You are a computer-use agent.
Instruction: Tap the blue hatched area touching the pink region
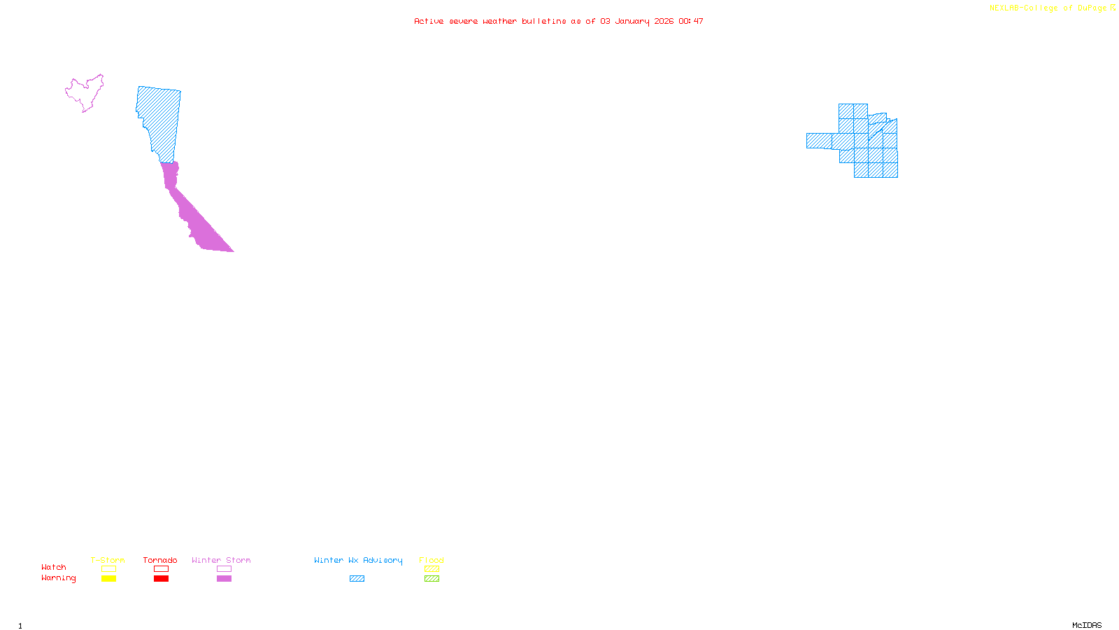pos(159,119)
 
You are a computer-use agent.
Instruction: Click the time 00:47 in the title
pos(690,21)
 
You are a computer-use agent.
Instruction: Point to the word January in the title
pos(632,21)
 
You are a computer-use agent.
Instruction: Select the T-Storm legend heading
pos(108,560)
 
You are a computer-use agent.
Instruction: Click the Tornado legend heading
pos(160,560)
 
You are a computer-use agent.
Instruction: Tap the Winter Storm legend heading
pos(221,560)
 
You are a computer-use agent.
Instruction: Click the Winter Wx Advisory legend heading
pos(358,560)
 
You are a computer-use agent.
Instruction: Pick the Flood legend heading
pos(432,560)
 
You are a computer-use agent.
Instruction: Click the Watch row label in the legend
pos(54,567)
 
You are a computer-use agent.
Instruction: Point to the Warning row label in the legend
pos(59,578)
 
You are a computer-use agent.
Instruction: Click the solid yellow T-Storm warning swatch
pos(108,579)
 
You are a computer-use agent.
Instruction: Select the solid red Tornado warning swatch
pos(161,579)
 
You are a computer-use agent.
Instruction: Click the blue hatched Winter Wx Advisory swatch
pos(357,579)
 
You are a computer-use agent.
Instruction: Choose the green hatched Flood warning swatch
pos(432,579)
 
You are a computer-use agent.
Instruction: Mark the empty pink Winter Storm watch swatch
pos(224,569)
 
